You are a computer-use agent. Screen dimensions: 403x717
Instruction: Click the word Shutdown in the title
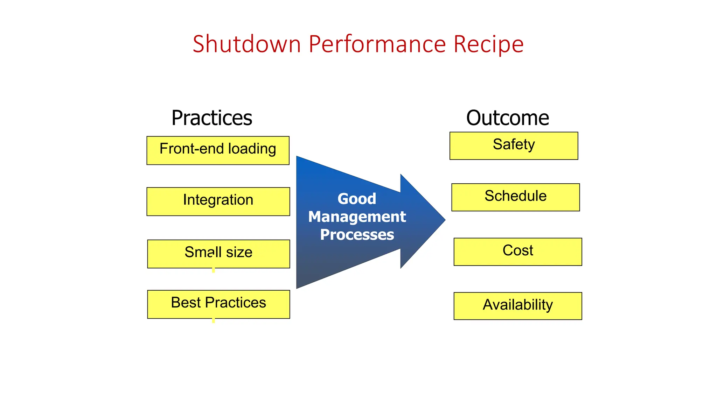coord(247,44)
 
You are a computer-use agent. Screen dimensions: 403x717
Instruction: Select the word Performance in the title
coord(377,44)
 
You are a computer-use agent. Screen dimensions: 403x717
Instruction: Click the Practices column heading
coord(211,118)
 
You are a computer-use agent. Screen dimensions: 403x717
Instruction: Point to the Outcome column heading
coord(507,118)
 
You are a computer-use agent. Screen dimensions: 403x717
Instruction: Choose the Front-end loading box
coord(218,150)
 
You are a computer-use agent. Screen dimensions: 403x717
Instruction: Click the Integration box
coord(218,201)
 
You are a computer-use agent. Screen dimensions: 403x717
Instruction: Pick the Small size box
coord(218,254)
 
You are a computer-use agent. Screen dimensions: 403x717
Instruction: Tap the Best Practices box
coord(218,304)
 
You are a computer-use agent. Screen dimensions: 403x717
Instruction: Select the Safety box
coord(514,146)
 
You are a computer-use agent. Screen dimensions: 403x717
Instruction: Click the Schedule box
coord(515,197)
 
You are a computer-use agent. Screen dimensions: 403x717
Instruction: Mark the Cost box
coord(517,252)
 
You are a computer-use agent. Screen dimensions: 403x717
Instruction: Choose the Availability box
coord(517,306)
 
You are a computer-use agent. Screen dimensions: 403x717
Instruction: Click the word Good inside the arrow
coord(357,199)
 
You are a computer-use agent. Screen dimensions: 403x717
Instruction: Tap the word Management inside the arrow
coord(357,217)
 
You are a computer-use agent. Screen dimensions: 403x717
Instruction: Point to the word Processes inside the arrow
coord(357,234)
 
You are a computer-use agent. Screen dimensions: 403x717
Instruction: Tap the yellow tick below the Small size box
coord(213,270)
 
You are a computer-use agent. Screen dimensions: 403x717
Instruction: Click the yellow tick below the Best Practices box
coord(213,320)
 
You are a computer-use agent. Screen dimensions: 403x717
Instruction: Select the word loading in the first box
coord(252,149)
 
